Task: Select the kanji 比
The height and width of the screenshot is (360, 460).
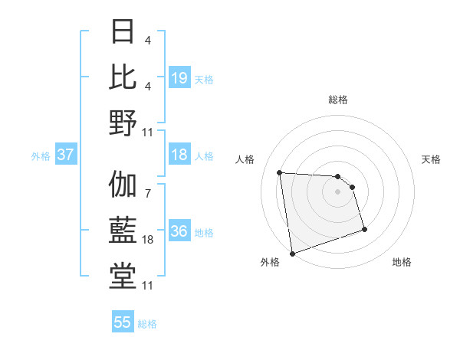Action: tap(123, 77)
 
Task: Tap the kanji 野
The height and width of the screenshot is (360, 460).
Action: tap(123, 123)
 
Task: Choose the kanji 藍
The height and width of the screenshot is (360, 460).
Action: tap(123, 231)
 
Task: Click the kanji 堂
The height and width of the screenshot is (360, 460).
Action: tap(123, 277)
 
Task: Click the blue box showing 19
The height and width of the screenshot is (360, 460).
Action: tap(179, 77)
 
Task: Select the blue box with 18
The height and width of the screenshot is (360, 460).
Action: tap(179, 155)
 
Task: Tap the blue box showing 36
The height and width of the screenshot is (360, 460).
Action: tap(179, 231)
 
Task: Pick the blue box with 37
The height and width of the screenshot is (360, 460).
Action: tap(65, 155)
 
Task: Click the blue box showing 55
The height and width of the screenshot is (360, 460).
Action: tap(123, 322)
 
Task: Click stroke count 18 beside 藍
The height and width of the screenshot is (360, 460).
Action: tap(149, 240)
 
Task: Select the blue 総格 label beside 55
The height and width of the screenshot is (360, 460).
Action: tap(147, 324)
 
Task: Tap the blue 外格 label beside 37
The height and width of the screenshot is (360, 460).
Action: tap(41, 156)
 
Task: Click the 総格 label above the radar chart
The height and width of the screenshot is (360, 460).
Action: tap(337, 100)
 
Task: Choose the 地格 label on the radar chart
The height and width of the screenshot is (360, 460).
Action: tap(402, 262)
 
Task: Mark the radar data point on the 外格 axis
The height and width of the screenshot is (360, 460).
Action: tap(292, 254)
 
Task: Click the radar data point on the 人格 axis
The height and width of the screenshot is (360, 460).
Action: tap(280, 172)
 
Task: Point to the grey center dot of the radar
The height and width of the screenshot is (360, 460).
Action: tap(337, 191)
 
